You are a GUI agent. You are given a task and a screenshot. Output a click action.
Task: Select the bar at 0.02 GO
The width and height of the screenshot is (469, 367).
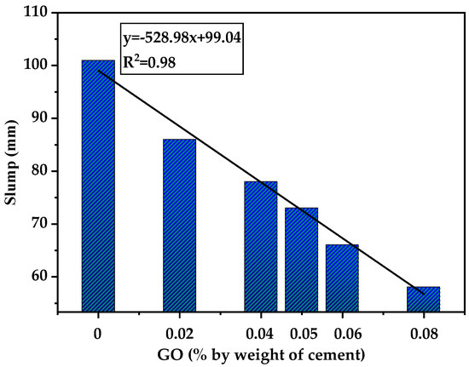pos(179,225)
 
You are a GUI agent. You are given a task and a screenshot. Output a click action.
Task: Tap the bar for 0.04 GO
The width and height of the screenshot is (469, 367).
pos(260,246)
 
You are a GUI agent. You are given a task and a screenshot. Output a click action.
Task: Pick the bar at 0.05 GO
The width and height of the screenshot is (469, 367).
pos(301,259)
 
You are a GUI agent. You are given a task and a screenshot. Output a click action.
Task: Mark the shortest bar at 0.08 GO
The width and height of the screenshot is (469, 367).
pos(423,299)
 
